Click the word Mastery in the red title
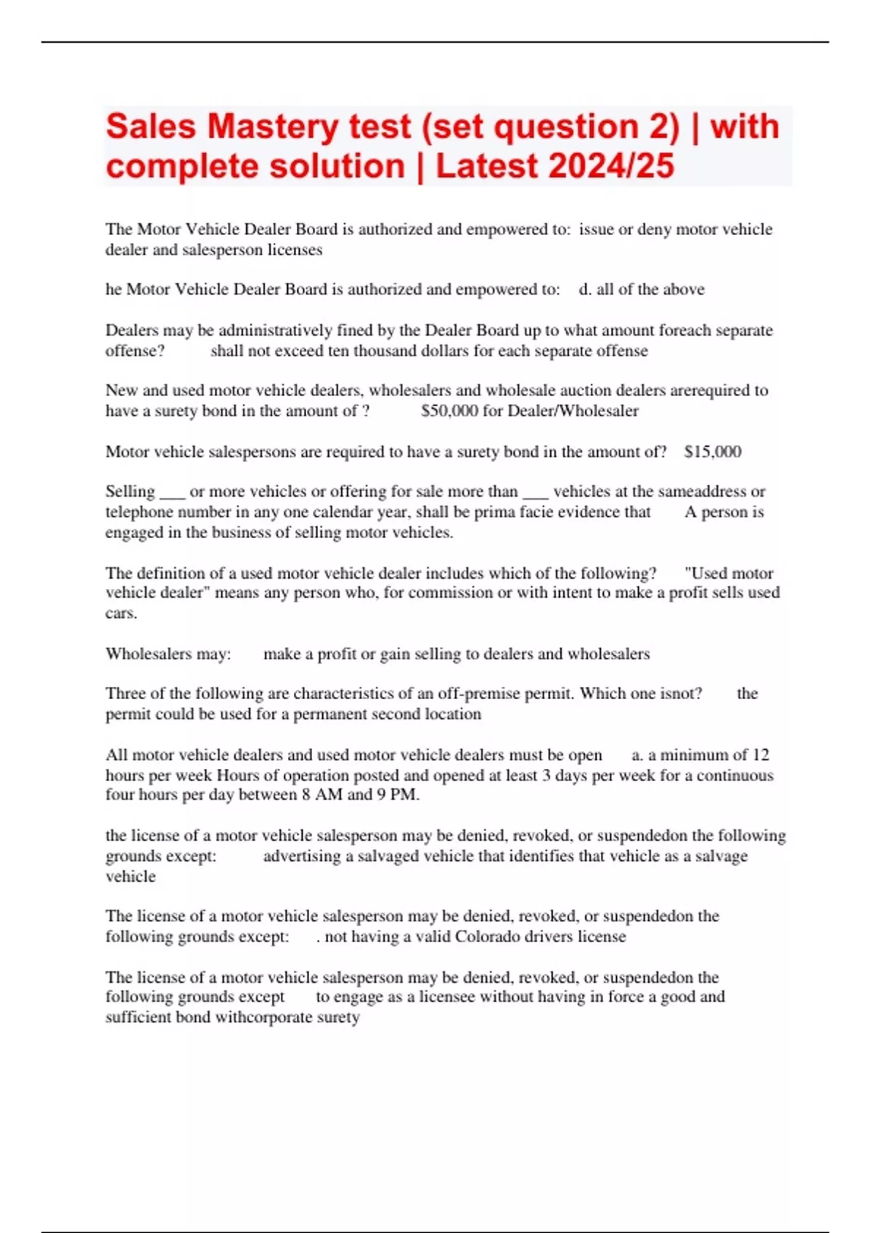272,127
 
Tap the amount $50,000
449,411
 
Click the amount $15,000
713,452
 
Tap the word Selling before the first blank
130,492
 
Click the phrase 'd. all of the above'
642,289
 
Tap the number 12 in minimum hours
761,755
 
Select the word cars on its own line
120,614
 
